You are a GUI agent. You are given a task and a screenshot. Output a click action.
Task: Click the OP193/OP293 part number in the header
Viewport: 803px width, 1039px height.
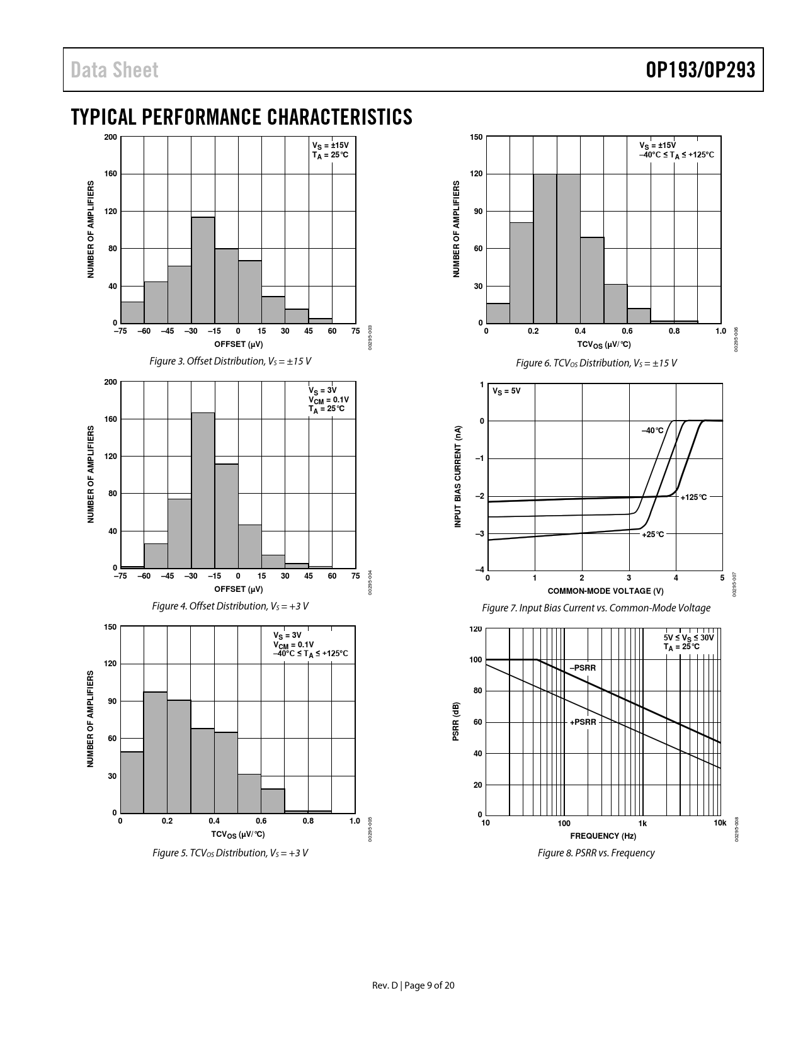coord(700,70)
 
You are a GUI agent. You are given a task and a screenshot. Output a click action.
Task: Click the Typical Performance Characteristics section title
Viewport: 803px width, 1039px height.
coord(242,117)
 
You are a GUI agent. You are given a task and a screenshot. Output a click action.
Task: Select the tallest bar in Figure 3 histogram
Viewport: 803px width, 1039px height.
coord(203,270)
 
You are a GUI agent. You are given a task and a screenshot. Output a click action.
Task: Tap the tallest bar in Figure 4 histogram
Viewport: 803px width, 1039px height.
coord(203,490)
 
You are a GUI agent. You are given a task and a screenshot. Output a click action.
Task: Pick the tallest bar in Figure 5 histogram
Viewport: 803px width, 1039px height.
coord(156,752)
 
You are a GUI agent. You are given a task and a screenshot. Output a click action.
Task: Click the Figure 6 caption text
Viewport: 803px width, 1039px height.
coord(596,363)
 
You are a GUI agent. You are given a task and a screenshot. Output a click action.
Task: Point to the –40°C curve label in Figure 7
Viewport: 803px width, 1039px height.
coord(652,431)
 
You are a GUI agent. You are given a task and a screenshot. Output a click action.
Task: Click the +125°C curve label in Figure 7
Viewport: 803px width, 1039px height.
coord(693,497)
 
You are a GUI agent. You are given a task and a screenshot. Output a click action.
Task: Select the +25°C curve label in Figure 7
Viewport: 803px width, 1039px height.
coord(652,535)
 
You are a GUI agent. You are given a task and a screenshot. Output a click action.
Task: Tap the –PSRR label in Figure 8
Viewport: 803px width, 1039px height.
coord(583,668)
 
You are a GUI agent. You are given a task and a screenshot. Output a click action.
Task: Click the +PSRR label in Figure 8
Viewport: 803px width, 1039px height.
coord(583,722)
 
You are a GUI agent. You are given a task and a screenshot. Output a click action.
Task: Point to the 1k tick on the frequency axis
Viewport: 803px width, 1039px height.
coord(642,823)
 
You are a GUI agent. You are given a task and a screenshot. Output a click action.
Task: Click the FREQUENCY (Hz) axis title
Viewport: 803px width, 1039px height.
coord(603,836)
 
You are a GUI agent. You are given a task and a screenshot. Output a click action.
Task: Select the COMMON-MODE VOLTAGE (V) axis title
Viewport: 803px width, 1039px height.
coord(605,591)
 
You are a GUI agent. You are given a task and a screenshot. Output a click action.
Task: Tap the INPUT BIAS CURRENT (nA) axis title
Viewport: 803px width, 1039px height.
coord(458,477)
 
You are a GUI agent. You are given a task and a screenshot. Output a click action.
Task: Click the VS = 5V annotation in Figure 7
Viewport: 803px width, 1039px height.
coord(506,391)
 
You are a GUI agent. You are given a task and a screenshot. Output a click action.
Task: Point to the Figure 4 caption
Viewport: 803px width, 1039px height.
coord(231,606)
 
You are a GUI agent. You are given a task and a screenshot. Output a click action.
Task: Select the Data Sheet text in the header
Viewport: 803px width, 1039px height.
coord(115,70)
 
